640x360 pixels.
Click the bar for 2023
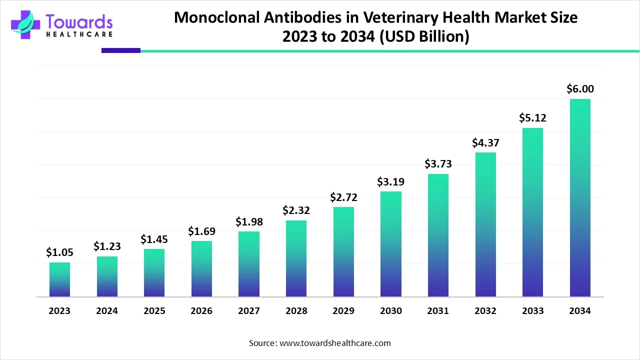(x=59, y=279)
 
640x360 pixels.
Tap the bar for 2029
(x=343, y=252)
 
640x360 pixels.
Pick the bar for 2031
(x=438, y=235)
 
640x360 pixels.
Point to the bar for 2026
(x=201, y=269)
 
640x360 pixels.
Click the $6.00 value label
(x=580, y=89)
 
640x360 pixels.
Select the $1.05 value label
(x=59, y=252)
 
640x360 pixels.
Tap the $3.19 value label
(x=390, y=181)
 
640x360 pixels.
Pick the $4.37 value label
(x=485, y=143)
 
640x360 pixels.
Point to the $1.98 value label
(x=249, y=221)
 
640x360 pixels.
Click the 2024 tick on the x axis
(x=107, y=311)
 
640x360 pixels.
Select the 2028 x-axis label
(x=296, y=311)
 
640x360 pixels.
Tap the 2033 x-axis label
(x=532, y=311)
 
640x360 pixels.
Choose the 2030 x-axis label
(x=390, y=311)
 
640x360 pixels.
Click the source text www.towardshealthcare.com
(x=334, y=343)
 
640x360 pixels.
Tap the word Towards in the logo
(x=79, y=21)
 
